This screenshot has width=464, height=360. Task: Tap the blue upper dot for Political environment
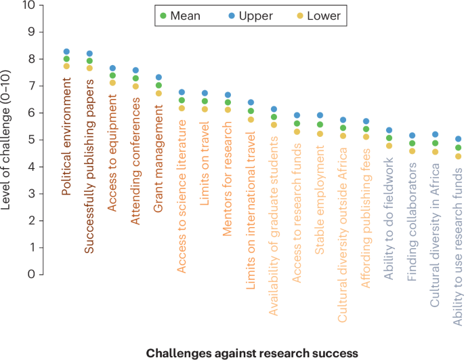pos(66,52)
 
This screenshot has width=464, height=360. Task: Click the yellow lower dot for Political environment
pos(66,66)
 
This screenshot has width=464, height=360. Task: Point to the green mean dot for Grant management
pos(159,85)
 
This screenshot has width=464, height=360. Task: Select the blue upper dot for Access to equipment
pos(112,68)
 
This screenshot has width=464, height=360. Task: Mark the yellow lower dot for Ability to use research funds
pos(458,157)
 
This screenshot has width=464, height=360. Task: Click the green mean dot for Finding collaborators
pos(412,143)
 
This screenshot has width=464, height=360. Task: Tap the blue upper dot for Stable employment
pos(320,115)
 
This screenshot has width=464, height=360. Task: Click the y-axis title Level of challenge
pos(8,140)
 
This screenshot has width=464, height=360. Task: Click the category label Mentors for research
pos(228,169)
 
